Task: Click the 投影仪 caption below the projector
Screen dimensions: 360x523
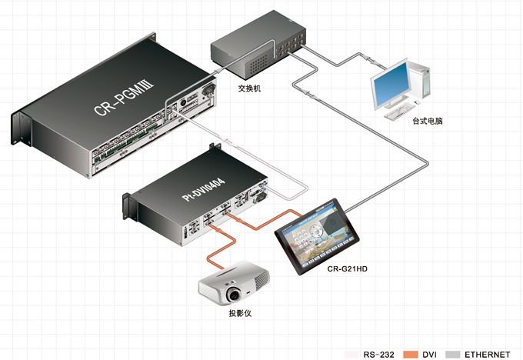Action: [240, 314]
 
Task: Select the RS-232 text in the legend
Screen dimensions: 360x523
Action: [379, 355]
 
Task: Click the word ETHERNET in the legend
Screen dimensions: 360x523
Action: [487, 355]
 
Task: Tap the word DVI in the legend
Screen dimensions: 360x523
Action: [429, 355]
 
